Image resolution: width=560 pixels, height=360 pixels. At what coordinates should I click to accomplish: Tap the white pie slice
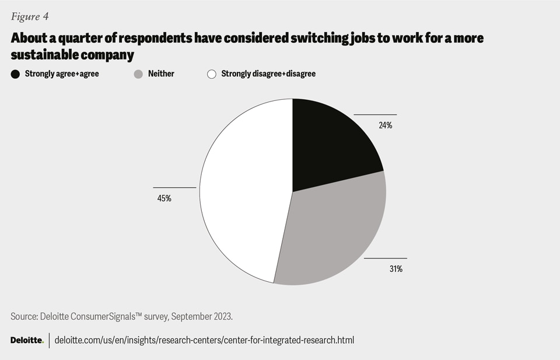[x=245, y=193]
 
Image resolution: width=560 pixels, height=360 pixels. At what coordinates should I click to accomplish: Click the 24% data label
[x=385, y=125]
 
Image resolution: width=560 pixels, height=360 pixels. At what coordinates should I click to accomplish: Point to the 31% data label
[x=395, y=269]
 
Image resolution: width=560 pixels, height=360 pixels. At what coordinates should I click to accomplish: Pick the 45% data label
[x=164, y=198]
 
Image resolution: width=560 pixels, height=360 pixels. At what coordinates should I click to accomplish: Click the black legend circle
[x=16, y=74]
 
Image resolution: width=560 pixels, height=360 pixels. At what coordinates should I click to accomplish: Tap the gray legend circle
[x=139, y=74]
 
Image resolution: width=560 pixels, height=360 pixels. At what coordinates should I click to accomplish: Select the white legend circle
[x=212, y=74]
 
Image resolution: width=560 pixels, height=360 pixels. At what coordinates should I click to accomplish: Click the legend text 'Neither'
[x=161, y=74]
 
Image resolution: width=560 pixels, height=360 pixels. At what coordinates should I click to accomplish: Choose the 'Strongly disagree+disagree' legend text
[x=268, y=74]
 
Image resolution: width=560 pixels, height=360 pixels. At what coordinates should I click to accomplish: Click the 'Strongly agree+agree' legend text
[x=62, y=74]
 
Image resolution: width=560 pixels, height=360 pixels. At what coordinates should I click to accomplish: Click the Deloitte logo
[x=27, y=340]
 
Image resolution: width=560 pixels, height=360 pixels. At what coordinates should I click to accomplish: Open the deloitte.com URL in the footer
[x=204, y=340]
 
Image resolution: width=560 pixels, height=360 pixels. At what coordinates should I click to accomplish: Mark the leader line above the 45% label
[x=174, y=187]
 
